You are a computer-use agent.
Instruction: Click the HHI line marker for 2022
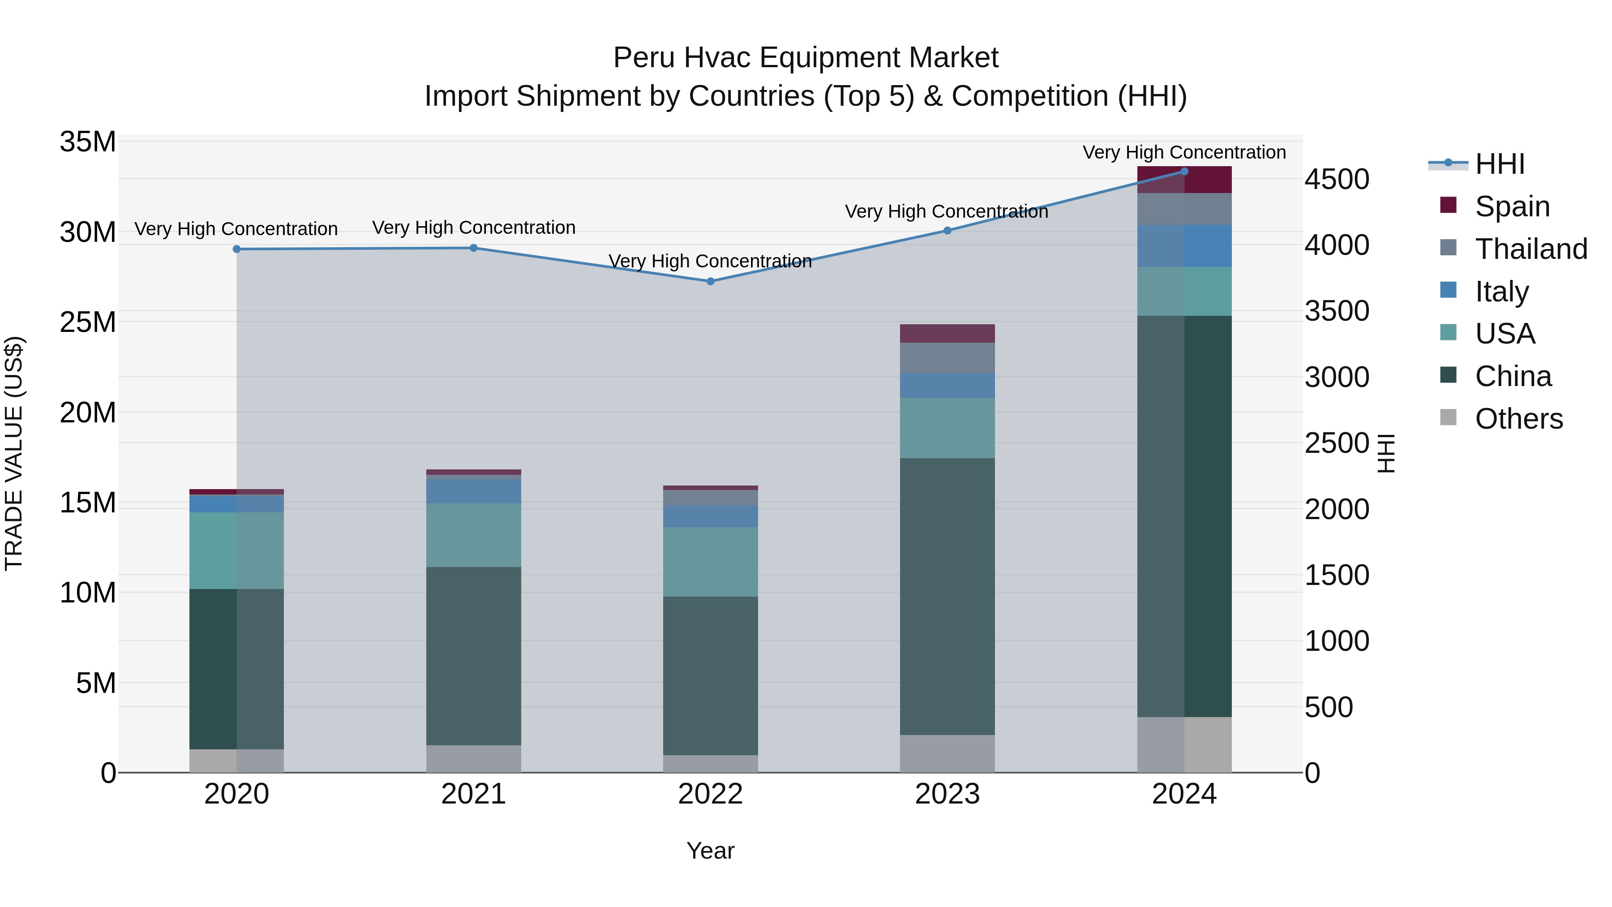click(710, 282)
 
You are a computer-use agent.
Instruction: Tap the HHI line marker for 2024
click(1184, 172)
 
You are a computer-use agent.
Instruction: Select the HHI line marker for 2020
click(236, 249)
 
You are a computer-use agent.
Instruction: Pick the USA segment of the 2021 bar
click(473, 535)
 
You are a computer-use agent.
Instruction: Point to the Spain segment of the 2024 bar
click(1184, 180)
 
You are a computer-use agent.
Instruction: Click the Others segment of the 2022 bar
click(710, 764)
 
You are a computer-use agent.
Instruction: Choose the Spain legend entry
click(1511, 206)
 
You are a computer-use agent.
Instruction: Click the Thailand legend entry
click(1530, 249)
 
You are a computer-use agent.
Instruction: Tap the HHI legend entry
click(1499, 164)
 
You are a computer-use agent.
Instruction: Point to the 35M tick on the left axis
click(88, 142)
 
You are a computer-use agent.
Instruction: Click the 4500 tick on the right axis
click(1337, 180)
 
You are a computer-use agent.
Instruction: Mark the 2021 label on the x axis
click(473, 794)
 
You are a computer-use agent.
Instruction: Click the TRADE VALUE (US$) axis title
click(14, 453)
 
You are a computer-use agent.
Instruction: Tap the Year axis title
click(710, 851)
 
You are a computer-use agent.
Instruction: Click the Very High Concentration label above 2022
click(710, 261)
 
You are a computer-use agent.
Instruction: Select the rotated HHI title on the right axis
click(1386, 453)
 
